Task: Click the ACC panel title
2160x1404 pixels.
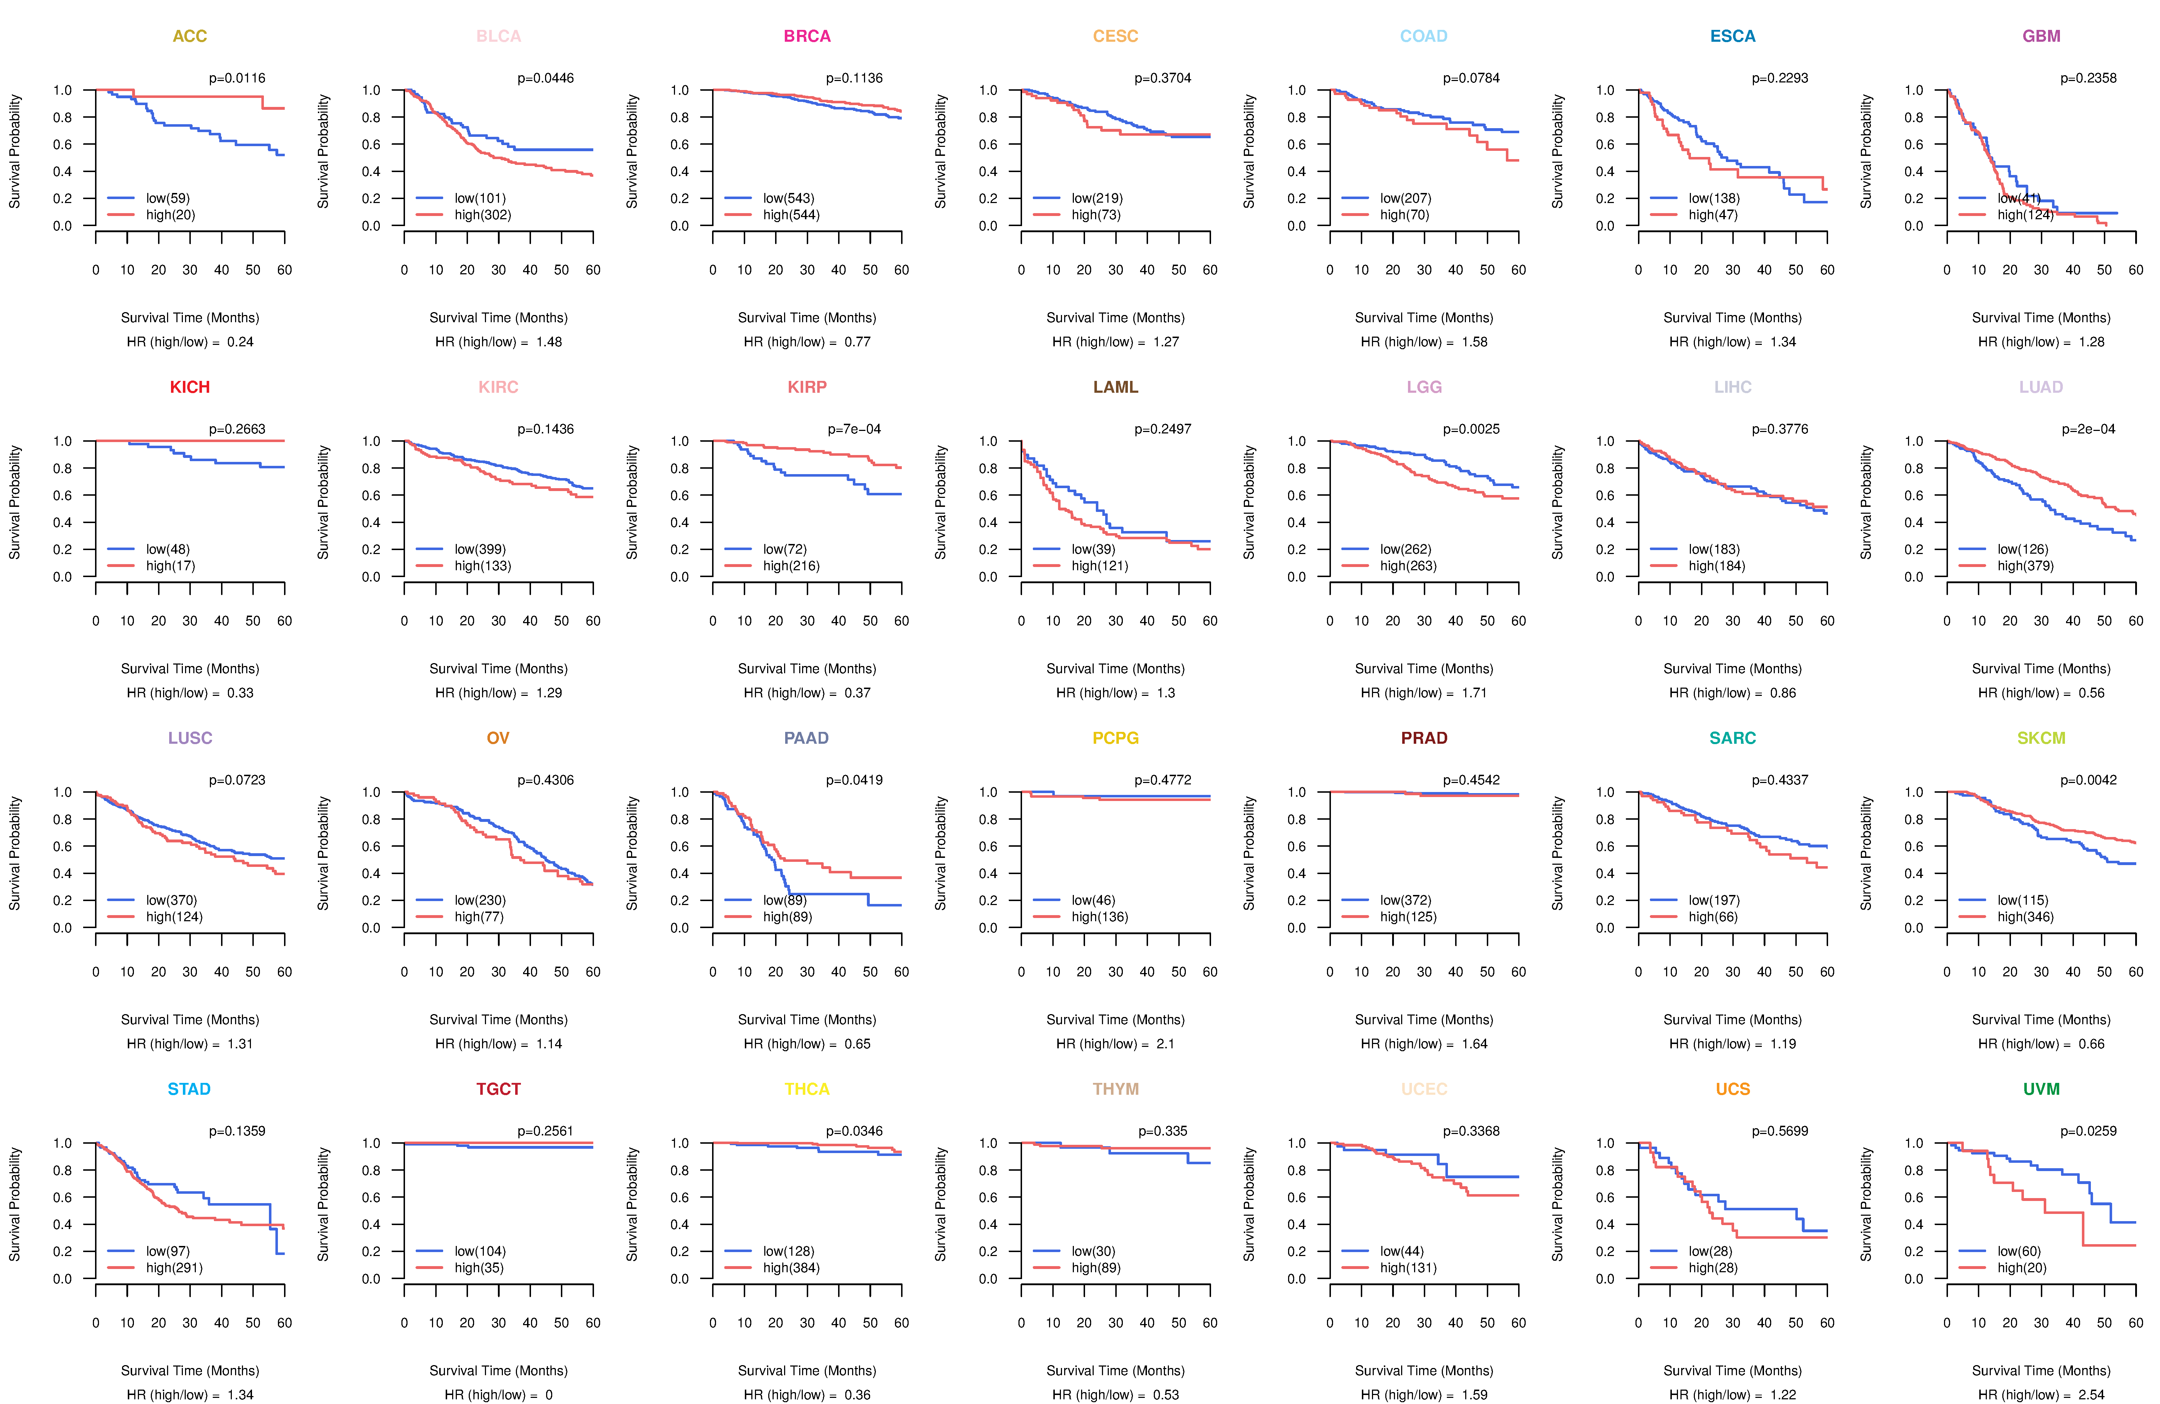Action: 190,36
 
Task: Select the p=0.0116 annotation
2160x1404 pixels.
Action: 237,78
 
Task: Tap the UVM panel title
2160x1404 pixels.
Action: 2041,1089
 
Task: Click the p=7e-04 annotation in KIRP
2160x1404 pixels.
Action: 854,429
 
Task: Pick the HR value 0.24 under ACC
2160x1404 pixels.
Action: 240,342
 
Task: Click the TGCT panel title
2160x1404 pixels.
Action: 498,1089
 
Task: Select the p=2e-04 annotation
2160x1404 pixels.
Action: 2088,429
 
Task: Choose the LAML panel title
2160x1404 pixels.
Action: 1115,387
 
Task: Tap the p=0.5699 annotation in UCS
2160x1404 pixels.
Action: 1780,1132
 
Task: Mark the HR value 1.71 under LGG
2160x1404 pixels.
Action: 1474,693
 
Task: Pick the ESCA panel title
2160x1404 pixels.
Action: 1733,36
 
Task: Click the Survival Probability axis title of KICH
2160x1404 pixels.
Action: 14,502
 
